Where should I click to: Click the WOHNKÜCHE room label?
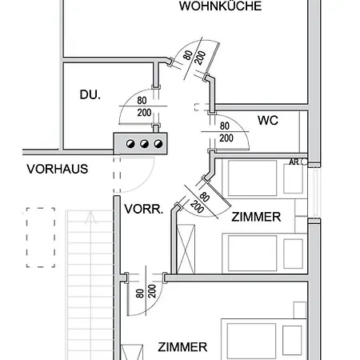(x=220, y=6)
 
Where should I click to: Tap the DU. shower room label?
(x=90, y=94)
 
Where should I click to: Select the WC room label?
(x=268, y=121)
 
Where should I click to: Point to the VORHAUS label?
(x=58, y=169)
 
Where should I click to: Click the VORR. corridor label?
(x=143, y=209)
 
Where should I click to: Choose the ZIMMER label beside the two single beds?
(x=256, y=217)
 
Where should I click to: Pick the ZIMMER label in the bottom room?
(x=182, y=347)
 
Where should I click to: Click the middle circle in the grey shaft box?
(x=144, y=144)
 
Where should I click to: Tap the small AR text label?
(x=294, y=162)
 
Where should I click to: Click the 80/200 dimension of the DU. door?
(x=143, y=106)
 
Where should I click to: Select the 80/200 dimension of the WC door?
(x=226, y=132)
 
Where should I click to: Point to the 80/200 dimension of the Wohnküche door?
(x=194, y=57)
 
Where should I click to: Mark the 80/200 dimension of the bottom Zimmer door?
(x=146, y=292)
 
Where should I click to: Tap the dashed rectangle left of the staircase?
(x=41, y=238)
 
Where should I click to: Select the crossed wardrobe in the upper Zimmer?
(x=186, y=249)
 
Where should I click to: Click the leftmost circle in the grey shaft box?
(x=130, y=144)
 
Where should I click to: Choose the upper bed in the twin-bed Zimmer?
(x=265, y=178)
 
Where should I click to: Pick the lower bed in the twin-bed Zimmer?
(x=265, y=254)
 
